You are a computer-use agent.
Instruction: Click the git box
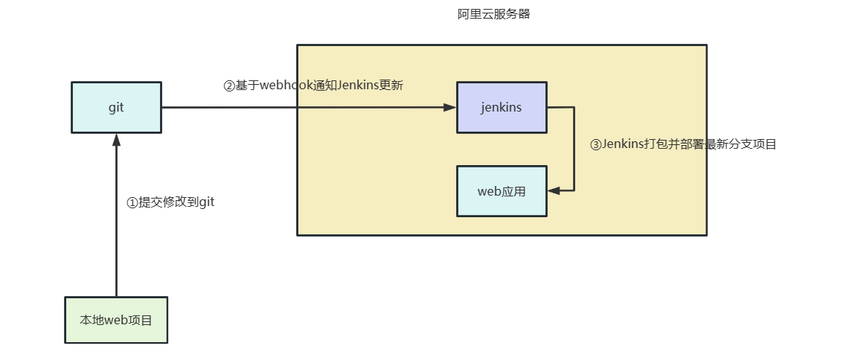116,107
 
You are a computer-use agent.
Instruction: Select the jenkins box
502,107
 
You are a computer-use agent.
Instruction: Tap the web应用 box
502,191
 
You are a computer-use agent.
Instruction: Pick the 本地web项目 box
116,321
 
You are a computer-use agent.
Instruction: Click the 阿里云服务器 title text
493,14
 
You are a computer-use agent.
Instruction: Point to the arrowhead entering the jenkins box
449,107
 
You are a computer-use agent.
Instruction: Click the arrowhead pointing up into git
116,140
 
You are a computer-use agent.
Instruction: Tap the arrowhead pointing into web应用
554,191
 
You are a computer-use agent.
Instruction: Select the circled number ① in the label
132,203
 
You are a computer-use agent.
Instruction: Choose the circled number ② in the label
230,86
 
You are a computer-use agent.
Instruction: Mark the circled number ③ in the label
595,145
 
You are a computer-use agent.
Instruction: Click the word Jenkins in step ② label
358,86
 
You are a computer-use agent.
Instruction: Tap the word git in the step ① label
206,202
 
